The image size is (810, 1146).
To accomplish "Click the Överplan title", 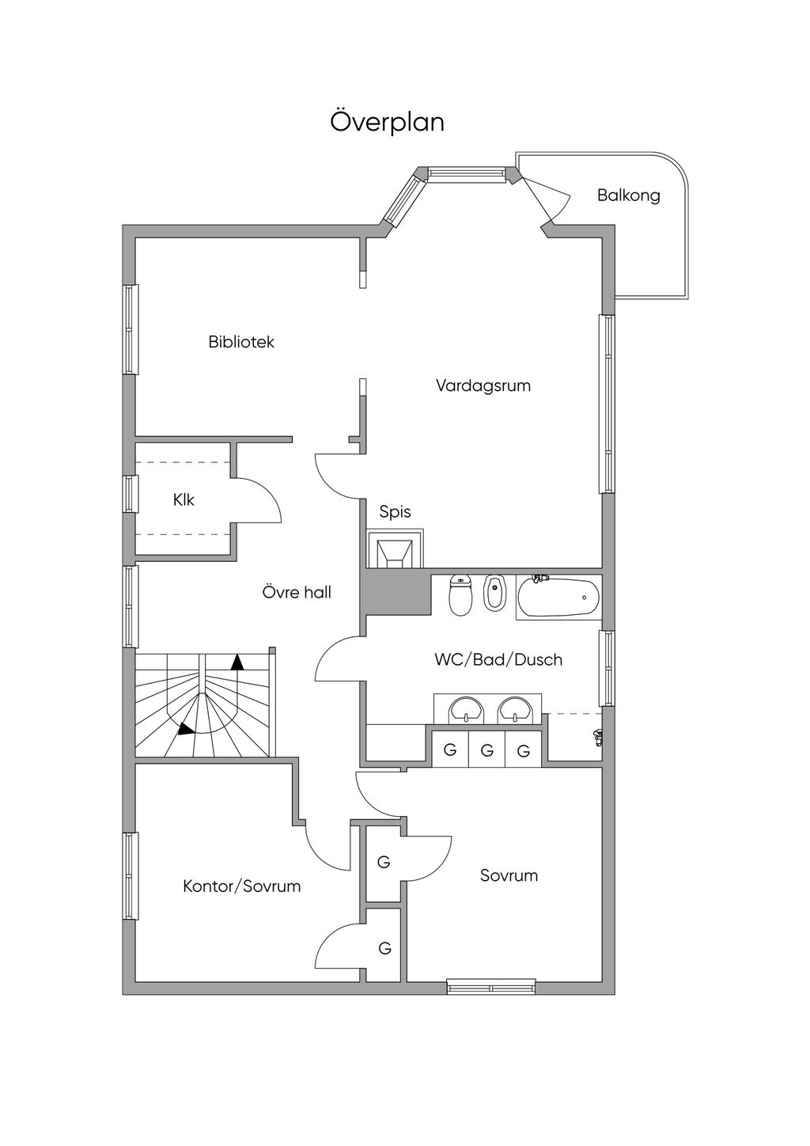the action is click(x=387, y=122).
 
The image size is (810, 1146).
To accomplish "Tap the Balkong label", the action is click(x=629, y=195).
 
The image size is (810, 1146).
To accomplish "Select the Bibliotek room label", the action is click(x=241, y=341).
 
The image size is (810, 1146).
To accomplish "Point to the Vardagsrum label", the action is click(x=483, y=385).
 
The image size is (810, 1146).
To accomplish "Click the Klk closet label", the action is click(x=184, y=499).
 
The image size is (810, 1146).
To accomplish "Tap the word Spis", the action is click(x=395, y=511).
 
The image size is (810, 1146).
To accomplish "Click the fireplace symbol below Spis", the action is click(x=395, y=548).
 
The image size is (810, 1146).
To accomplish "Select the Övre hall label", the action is click(x=297, y=592).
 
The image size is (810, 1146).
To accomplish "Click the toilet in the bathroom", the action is click(x=460, y=595).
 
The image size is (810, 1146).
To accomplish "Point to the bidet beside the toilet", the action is click(x=494, y=593).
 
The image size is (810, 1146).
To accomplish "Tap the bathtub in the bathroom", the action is click(x=558, y=597).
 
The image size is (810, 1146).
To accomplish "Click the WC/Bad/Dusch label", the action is click(x=498, y=659).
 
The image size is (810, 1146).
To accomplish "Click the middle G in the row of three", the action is click(x=486, y=750).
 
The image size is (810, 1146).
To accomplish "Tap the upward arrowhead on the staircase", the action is click(x=237, y=662).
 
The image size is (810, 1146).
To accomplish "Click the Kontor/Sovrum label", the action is click(x=242, y=886).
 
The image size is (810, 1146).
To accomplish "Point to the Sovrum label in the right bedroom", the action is click(x=509, y=875).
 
